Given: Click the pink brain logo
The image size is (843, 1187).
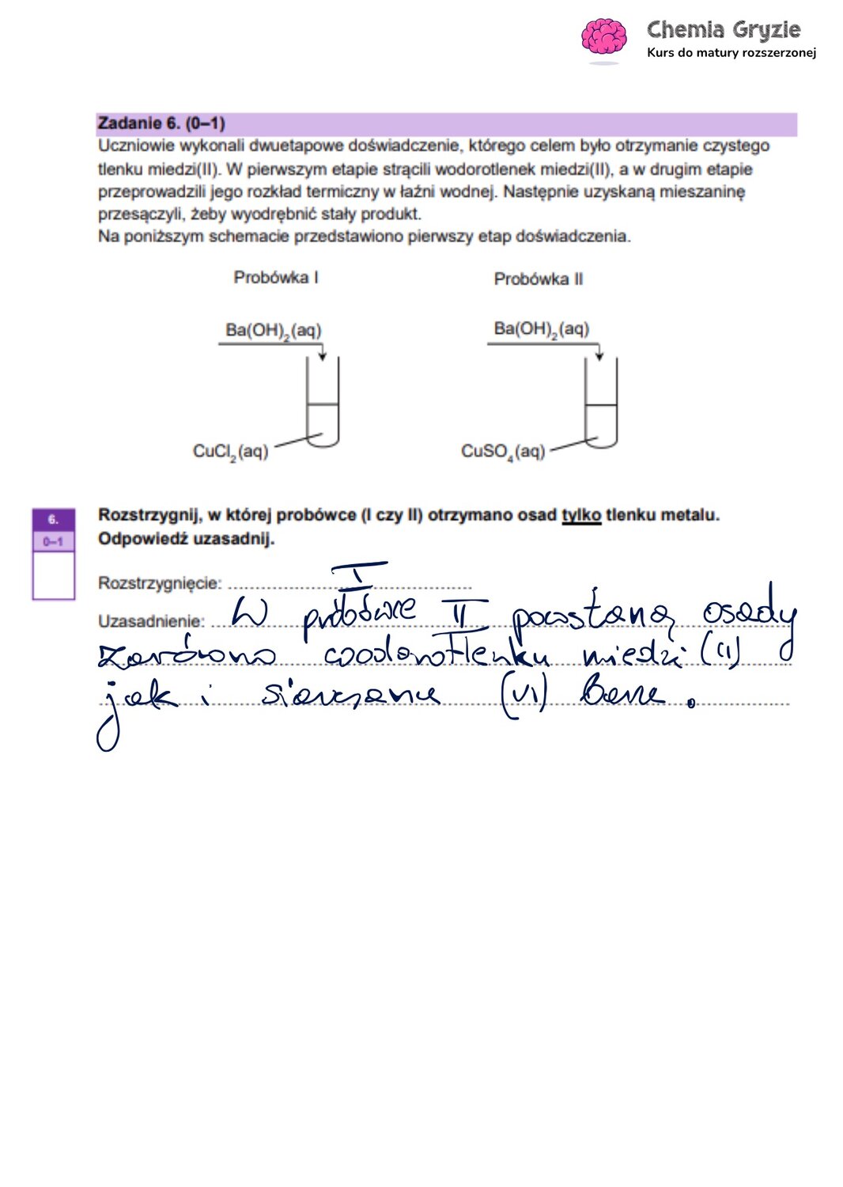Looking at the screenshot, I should pos(603,37).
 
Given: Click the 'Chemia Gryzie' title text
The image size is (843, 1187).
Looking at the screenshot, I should pos(723,30).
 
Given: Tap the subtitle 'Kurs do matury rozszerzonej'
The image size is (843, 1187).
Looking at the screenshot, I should pos(731,53).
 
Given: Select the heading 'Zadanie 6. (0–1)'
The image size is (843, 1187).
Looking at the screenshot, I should pos(161,123).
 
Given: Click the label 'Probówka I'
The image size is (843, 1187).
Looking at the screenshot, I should pos(275,278).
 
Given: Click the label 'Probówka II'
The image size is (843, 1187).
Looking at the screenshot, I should pos(538,279).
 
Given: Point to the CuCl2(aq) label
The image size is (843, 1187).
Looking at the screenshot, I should pos(230,452).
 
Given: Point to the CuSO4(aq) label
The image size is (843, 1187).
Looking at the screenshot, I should pos(502,452).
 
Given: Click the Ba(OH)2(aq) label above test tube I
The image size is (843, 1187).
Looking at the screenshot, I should pos(273,330).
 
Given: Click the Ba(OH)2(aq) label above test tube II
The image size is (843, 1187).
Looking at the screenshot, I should pos(541,328).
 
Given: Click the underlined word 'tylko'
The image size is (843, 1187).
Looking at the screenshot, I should pos(581,515).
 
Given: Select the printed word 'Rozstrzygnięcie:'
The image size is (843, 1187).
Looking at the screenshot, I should pos(160,583).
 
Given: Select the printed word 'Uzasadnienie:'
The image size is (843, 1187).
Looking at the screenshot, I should pos(151,621).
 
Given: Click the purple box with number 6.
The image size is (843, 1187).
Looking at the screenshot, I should pos(54,520).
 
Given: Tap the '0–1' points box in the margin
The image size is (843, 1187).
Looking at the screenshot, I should pos(54,541).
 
